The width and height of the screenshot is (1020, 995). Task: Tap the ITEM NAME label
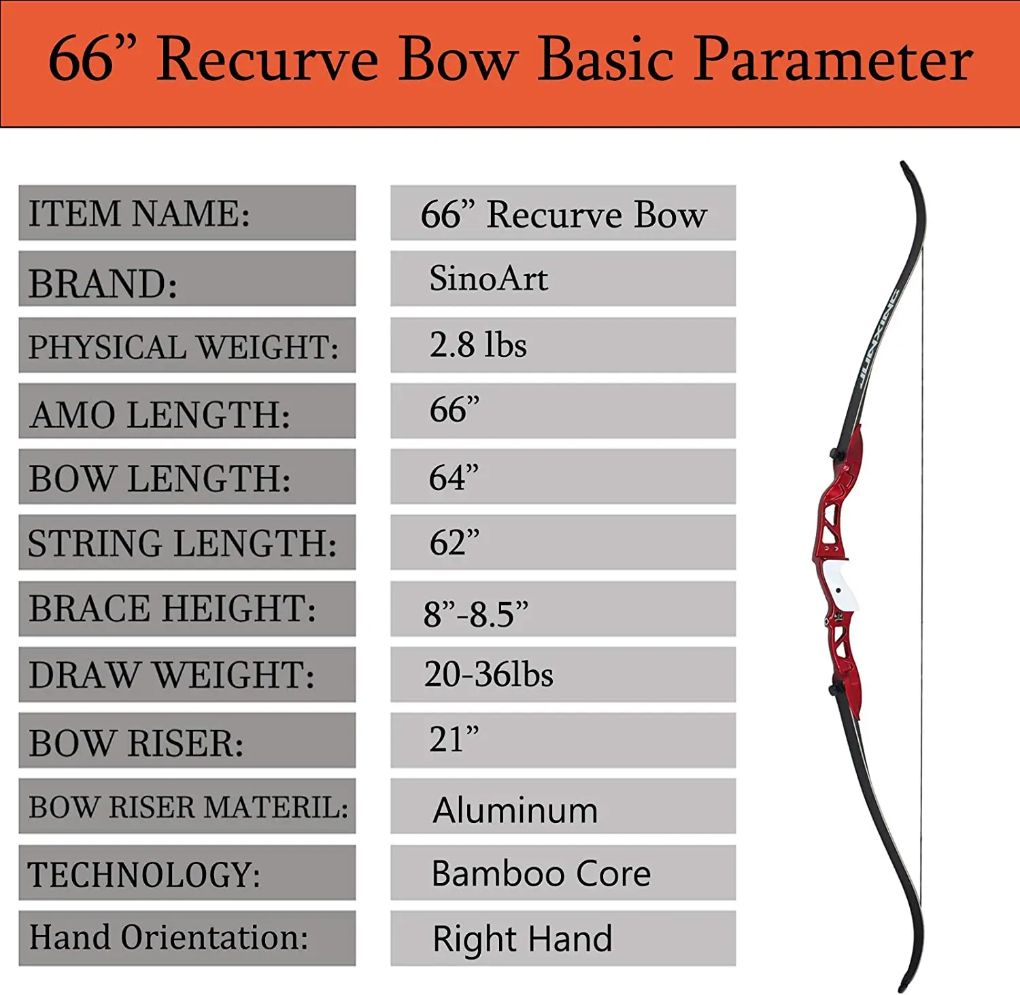pos(139,213)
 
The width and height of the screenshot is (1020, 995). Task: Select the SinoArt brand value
pos(488,279)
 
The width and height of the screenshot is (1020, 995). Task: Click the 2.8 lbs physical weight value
pos(478,345)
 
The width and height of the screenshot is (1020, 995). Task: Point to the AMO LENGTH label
pos(160,415)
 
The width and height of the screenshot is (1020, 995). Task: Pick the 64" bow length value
pos(454,478)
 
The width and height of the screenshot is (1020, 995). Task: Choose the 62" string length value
pos(454,543)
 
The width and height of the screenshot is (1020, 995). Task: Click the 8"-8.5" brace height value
pos(475,614)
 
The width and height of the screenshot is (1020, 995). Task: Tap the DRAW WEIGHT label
pos(171,675)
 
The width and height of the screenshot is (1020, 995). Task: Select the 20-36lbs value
pos(488,674)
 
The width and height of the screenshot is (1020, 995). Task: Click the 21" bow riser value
pos(454,739)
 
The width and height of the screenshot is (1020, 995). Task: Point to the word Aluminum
pos(515,810)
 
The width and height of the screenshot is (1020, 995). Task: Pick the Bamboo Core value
pos(541,873)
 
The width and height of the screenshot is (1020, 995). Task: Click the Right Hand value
pos(522,939)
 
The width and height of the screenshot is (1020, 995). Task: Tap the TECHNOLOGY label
pos(144,874)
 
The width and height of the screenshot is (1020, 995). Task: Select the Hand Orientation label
pos(169,937)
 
